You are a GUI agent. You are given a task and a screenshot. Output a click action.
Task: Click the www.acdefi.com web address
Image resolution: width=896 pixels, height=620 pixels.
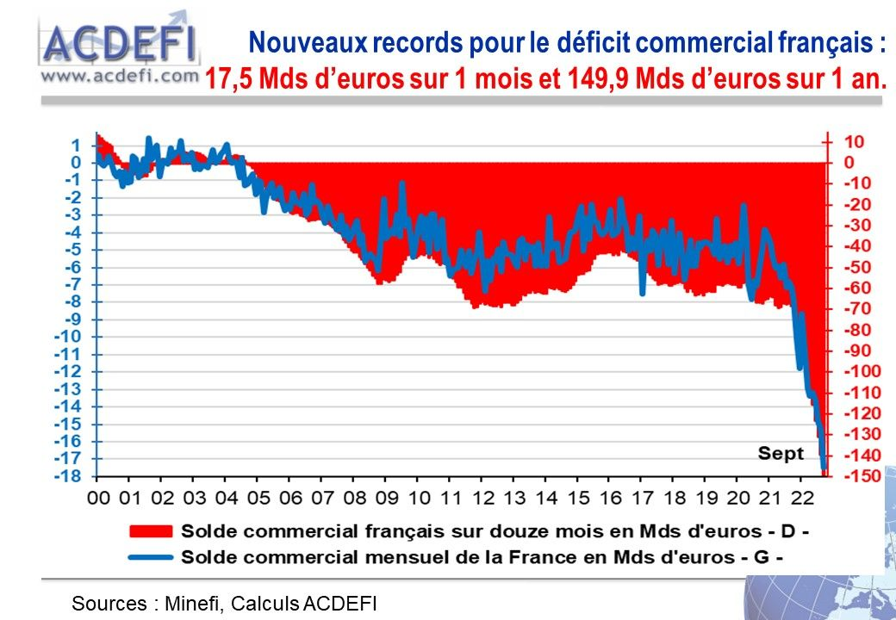(x=119, y=75)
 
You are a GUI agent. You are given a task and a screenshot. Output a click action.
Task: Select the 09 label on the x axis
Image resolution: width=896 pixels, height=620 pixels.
(x=387, y=498)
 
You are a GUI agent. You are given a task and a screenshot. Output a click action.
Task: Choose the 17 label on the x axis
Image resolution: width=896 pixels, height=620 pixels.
(x=643, y=498)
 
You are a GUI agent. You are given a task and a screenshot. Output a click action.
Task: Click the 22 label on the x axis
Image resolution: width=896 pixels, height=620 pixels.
(x=802, y=498)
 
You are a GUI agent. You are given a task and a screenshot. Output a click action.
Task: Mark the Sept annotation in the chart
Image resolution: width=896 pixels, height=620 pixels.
(x=781, y=453)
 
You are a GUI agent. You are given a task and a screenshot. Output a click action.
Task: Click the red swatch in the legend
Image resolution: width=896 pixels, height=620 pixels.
(x=150, y=529)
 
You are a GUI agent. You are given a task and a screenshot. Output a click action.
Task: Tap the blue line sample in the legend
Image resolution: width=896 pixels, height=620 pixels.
(x=150, y=556)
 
